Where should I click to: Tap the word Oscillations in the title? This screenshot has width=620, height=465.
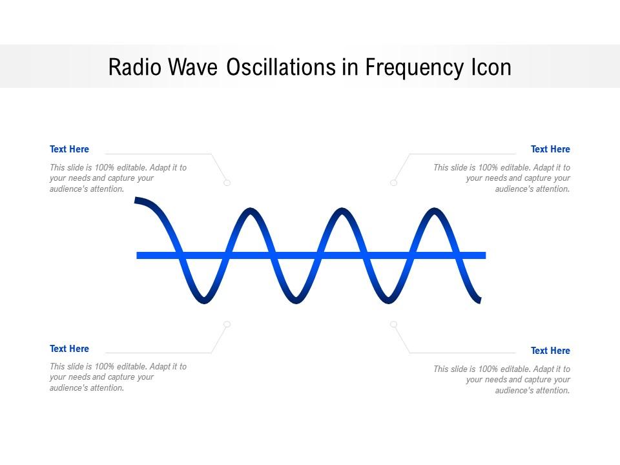(x=282, y=67)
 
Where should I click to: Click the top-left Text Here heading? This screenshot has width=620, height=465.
(x=69, y=149)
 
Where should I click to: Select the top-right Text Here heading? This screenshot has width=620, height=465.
(x=550, y=149)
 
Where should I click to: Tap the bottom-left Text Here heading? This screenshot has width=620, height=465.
(x=69, y=349)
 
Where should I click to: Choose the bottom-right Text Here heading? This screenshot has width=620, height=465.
(x=550, y=351)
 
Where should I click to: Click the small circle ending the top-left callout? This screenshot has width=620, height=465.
(x=227, y=183)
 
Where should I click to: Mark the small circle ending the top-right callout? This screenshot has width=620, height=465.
(x=393, y=183)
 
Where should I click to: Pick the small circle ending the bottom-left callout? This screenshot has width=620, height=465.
(x=227, y=324)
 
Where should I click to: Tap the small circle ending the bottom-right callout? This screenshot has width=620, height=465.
(x=393, y=324)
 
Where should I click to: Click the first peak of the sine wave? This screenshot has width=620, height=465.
(x=251, y=211)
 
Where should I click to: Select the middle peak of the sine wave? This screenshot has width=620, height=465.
(x=342, y=211)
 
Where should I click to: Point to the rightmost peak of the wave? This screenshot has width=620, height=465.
(x=434, y=211)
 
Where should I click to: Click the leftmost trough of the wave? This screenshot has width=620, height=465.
(x=204, y=300)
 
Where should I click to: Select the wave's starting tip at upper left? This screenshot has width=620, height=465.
(x=137, y=201)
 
